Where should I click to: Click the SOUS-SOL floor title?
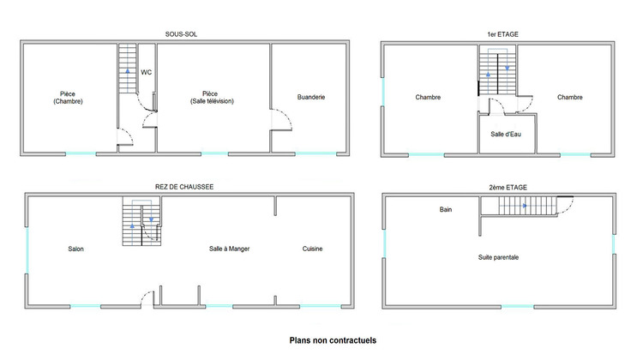tap(182, 34)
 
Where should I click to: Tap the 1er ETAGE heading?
tap(502, 34)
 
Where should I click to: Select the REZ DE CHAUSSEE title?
tap(184, 186)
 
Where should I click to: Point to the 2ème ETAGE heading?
tap(502, 186)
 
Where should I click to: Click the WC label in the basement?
tap(147, 72)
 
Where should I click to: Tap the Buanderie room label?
tap(311, 97)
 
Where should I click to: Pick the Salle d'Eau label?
tap(506, 134)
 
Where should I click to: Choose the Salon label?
tap(76, 249)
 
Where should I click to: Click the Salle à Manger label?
tap(229, 249)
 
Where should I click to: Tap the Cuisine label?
tap(312, 249)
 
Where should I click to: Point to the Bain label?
tap(446, 209)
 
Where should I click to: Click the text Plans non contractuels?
tap(333, 340)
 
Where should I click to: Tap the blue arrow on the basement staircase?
tap(127, 72)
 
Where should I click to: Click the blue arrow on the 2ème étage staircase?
tap(522, 206)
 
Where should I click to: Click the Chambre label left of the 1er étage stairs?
tap(428, 97)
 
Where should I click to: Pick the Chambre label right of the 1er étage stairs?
tap(569, 97)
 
